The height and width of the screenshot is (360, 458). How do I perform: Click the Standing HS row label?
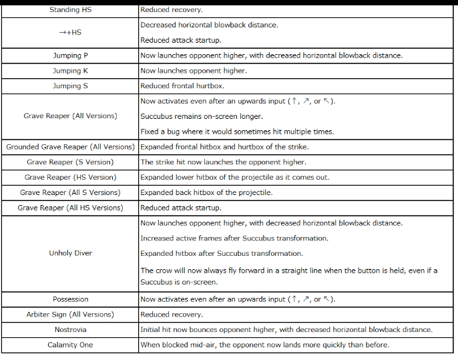tap(69, 10)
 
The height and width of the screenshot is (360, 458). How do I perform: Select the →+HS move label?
tap(69, 32)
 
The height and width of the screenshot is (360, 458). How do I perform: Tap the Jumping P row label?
tap(70, 55)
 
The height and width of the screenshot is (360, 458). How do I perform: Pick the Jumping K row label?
tap(70, 71)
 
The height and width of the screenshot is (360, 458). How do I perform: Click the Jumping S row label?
tap(70, 85)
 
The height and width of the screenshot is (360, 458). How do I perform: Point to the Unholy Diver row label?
tap(70, 253)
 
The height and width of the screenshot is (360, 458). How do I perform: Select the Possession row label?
tap(70, 299)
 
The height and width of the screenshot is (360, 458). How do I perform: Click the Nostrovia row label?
tap(70, 329)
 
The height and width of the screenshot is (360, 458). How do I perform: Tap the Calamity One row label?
tap(70, 345)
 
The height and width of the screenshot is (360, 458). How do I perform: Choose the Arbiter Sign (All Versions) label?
tap(70, 314)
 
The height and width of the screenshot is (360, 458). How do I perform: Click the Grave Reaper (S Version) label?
tap(70, 162)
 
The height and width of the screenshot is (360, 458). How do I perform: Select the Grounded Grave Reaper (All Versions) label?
tap(70, 147)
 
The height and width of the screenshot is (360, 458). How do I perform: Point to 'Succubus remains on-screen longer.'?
tap(202, 116)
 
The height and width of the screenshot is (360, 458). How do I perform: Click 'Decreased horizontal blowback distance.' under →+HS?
tap(209, 25)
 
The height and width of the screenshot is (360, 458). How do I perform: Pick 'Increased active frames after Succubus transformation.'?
tap(234, 238)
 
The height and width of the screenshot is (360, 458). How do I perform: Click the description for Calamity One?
tap(264, 345)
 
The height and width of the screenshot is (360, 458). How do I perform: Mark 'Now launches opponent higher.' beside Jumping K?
tap(193, 71)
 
